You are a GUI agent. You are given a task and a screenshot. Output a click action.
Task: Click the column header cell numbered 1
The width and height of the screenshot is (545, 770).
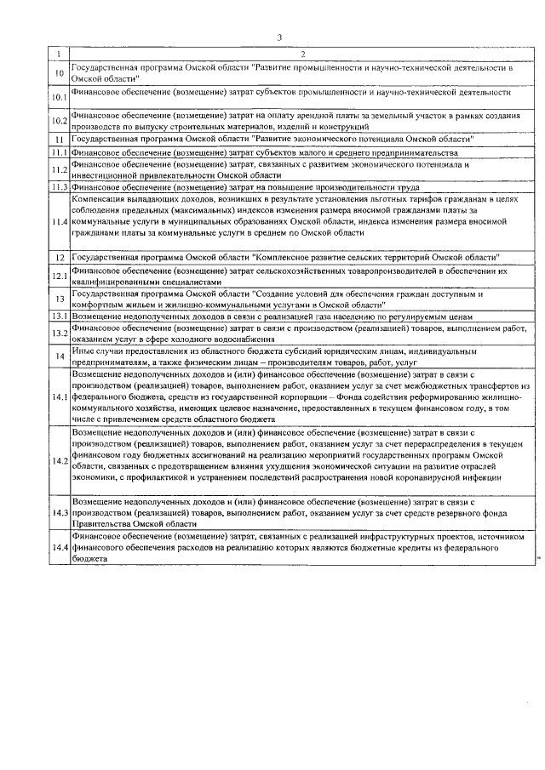[58, 54]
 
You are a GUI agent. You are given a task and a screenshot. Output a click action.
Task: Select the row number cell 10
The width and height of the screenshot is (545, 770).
[59, 74]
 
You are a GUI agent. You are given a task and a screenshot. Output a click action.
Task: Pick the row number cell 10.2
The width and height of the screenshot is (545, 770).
[59, 121]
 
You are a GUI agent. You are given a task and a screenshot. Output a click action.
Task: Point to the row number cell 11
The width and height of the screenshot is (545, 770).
[59, 139]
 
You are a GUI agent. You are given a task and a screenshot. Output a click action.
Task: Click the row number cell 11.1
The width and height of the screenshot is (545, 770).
[59, 151]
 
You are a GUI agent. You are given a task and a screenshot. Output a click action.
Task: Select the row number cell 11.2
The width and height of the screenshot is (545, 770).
[59, 169]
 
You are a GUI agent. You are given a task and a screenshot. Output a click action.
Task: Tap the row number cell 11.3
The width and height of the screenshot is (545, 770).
[59, 186]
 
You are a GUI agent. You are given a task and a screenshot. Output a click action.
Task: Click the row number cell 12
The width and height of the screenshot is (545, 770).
[59, 257]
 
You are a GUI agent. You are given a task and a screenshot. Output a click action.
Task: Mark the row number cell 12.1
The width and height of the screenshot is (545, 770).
[59, 276]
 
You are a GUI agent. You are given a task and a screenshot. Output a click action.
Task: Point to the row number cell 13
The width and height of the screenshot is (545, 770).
[59, 299]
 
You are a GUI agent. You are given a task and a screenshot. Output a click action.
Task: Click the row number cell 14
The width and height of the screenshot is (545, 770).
[59, 356]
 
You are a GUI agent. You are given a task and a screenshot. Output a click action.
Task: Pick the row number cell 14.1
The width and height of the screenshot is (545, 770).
[59, 397]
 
